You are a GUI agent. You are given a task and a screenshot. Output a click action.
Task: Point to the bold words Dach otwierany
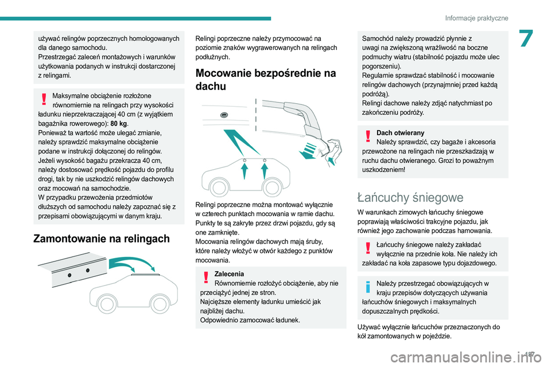tap(400, 132)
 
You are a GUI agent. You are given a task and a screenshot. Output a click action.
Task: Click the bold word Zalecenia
tap(228, 274)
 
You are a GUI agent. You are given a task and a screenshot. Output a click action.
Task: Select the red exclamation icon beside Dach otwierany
tap(367, 137)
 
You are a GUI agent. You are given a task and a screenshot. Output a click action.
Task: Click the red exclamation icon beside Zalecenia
tap(205, 279)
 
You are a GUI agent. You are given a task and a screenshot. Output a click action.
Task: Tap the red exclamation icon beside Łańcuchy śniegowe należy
tap(367, 249)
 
